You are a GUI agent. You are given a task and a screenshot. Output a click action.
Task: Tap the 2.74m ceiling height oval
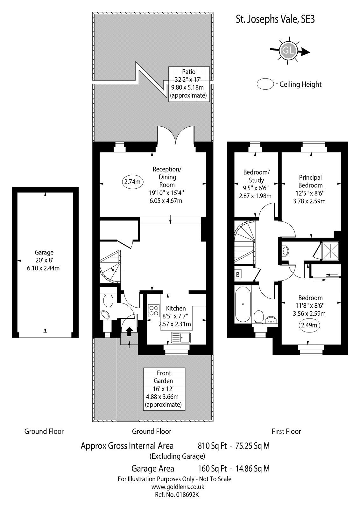[132, 182]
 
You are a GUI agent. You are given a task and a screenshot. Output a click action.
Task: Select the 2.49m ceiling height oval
[309, 325]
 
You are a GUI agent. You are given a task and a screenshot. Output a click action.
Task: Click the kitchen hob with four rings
[153, 311]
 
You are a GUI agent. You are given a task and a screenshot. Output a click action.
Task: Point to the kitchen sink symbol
[180, 337]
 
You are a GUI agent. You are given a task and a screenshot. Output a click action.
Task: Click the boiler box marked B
[238, 275]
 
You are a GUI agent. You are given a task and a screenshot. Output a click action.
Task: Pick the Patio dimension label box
[189, 84]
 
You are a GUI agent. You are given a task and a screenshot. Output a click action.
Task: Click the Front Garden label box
[164, 389]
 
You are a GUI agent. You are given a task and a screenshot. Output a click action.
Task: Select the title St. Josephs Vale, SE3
[275, 20]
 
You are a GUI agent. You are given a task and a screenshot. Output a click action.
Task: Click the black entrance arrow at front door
[130, 332]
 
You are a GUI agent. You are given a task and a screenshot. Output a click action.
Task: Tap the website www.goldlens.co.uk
[178, 486]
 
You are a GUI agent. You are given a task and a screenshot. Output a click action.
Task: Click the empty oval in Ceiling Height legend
[265, 84]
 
